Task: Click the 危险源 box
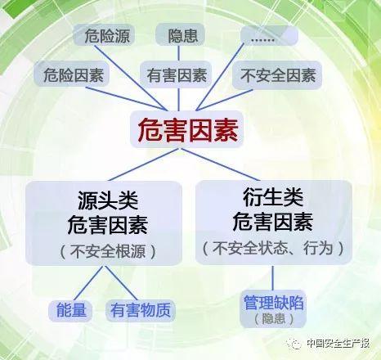tap(104, 35)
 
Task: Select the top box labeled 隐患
tap(180, 35)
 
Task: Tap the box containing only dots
tap(269, 35)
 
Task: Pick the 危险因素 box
tap(72, 74)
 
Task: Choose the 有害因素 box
tap(176, 74)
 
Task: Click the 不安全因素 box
tap(277, 75)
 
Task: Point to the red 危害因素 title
tap(187, 130)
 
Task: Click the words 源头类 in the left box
tap(108, 200)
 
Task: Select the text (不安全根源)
tap(108, 250)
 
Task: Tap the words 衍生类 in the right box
tap(273, 197)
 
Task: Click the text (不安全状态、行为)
tap(273, 248)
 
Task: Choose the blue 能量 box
tap(70, 310)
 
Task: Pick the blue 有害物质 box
tap(141, 310)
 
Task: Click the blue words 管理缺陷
tap(273, 303)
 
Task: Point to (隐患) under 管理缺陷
tap(273, 318)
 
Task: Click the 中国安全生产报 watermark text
tap(338, 343)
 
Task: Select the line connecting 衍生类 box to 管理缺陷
tap(273, 278)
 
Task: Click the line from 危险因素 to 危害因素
tap(126, 99)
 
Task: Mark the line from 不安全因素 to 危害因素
tap(224, 100)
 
